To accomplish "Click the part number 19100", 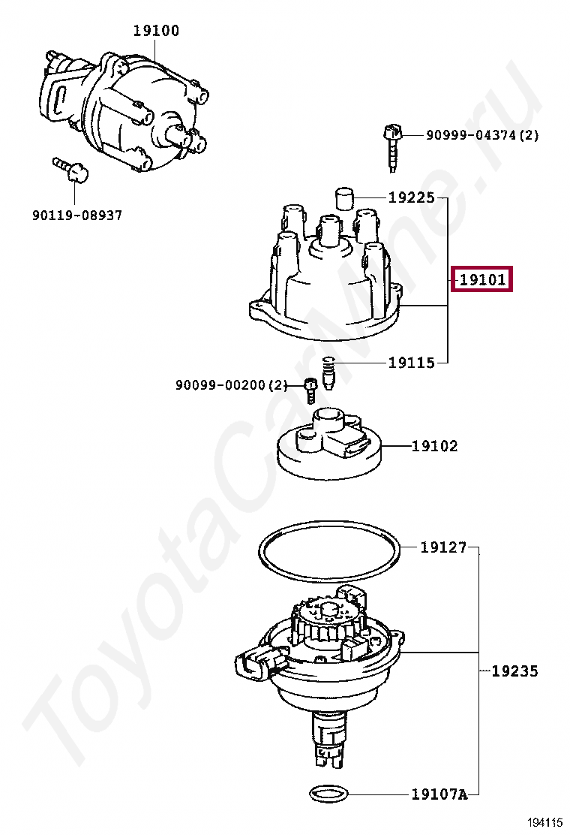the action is pos(156,31).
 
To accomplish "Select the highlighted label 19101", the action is pos(482,281).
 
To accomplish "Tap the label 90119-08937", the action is pos(76,216).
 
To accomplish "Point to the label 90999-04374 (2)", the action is pos(482,135).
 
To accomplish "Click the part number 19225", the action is pos(411,198).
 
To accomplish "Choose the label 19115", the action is pos(411,363).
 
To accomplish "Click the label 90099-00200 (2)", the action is pos(231,385).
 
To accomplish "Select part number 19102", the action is pos(434,446).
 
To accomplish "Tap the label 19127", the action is pos(443,547).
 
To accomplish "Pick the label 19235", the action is pos(514,671).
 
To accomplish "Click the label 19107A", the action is pos(439,794).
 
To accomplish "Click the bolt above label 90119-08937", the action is pos(70,170).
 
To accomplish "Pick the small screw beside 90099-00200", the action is pos(310,390).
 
